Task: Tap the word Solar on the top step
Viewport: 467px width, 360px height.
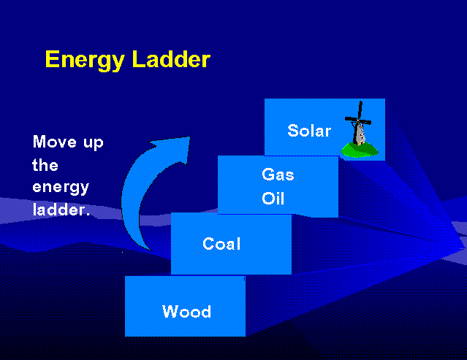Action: (309, 131)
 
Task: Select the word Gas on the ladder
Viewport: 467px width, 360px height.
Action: (278, 175)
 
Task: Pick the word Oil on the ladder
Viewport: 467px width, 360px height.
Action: (273, 199)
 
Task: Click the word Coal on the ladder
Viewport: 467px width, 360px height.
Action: (221, 244)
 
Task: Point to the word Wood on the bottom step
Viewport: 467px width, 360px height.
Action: (186, 312)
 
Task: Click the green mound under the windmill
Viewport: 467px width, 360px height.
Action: (360, 149)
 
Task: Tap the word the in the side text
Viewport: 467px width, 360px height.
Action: (45, 165)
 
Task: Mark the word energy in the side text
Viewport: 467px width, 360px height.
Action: (61, 188)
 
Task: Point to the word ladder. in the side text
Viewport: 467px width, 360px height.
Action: (61, 210)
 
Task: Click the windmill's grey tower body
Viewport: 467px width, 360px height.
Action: (359, 134)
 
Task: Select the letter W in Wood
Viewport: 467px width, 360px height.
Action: (170, 312)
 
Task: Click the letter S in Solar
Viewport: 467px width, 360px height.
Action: (293, 131)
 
